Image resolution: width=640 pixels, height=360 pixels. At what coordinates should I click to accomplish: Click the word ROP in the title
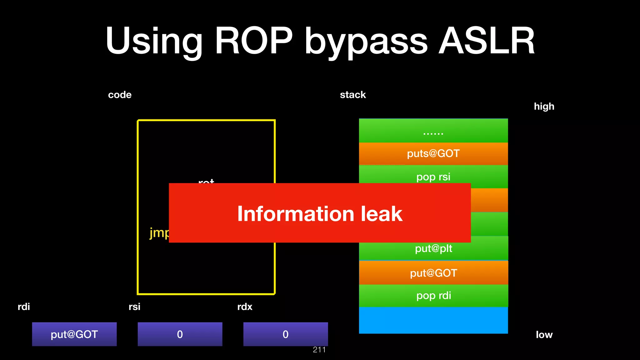253,41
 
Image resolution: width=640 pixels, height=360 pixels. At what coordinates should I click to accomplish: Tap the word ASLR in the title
487,41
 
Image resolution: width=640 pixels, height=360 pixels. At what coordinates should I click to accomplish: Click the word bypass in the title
366,42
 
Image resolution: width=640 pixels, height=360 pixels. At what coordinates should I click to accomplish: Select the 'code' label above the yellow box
120,95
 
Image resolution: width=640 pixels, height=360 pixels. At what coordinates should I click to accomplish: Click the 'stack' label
353,95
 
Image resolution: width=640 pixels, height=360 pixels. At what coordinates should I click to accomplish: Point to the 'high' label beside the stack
544,106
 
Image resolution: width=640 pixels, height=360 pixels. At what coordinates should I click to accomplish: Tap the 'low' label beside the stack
544,335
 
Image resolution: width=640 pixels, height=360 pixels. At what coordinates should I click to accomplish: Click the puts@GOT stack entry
433,153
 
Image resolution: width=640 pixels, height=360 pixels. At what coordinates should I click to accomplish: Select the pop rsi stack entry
433,177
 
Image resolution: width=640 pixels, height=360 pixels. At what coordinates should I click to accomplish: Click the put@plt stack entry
433,248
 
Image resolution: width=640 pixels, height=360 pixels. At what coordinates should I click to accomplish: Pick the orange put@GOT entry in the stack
433,273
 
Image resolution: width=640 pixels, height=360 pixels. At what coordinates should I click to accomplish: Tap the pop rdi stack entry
433,295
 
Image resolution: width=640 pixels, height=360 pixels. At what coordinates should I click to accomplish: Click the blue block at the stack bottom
433,320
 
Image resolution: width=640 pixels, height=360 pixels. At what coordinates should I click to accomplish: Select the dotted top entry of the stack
433,131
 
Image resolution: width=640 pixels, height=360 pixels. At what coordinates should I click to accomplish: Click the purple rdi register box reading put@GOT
74,334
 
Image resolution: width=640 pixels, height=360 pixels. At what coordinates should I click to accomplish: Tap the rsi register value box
180,334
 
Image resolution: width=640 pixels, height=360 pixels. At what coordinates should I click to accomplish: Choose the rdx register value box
286,334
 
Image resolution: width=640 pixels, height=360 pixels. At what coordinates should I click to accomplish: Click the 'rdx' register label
245,307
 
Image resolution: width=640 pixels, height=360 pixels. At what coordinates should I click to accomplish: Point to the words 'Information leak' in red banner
319,214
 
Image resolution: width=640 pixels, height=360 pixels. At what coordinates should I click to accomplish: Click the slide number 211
319,350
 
